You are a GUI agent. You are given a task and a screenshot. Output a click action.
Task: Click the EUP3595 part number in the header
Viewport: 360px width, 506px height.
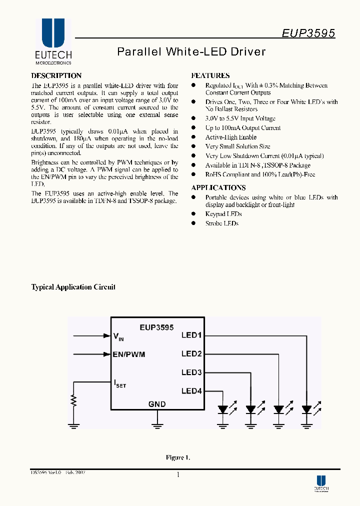click(308, 33)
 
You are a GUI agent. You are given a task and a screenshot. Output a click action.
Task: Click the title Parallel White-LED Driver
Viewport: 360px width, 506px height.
click(191, 51)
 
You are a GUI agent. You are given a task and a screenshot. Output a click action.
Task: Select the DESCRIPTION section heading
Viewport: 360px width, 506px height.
click(56, 76)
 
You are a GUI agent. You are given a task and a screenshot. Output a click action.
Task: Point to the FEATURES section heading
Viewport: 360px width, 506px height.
click(210, 76)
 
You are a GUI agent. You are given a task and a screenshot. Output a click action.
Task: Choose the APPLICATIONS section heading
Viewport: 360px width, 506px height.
click(218, 187)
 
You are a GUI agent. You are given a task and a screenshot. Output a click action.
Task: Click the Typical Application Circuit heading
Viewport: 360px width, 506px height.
click(73, 287)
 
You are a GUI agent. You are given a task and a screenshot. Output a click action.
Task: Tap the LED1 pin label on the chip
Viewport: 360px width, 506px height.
click(191, 335)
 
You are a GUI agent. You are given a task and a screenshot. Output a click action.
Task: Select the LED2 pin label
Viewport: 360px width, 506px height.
click(191, 354)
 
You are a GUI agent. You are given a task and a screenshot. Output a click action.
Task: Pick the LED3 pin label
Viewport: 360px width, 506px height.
click(191, 372)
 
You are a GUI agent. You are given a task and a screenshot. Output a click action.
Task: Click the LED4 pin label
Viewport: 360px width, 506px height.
click(191, 391)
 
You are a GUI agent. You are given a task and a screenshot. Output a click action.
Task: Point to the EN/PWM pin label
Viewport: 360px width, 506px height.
click(129, 354)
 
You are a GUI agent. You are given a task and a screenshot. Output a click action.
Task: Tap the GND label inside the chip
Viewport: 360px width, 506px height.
click(157, 404)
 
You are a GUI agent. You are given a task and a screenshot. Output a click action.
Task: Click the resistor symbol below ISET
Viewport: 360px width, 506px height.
click(74, 400)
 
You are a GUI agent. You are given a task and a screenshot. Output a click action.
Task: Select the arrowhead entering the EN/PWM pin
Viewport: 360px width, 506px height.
click(107, 354)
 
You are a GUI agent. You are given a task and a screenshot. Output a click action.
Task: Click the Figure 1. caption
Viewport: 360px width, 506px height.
click(178, 457)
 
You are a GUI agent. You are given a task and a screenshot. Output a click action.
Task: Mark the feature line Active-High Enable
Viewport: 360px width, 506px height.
click(231, 137)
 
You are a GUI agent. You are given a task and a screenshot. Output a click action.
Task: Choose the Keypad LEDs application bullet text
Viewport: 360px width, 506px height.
click(223, 214)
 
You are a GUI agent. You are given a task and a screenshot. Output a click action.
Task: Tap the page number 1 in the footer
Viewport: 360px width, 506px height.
click(178, 475)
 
